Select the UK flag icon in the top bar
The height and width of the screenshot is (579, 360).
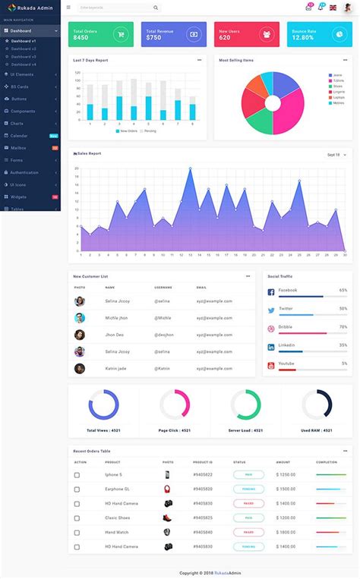(x=333, y=8)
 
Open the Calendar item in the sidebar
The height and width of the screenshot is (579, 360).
(x=19, y=136)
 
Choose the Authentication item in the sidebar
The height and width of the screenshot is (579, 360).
(x=24, y=172)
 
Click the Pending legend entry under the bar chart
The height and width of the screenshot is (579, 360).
(x=149, y=131)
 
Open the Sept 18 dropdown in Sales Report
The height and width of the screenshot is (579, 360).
(x=336, y=155)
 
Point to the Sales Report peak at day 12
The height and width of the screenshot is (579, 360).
(x=190, y=168)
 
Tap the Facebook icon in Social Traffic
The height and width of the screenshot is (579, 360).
(x=270, y=292)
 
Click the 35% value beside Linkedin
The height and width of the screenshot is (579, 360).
(x=343, y=345)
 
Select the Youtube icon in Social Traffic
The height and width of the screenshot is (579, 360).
(x=270, y=365)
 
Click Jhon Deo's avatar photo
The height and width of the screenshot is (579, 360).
(x=80, y=335)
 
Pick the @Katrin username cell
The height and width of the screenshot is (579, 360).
(x=163, y=368)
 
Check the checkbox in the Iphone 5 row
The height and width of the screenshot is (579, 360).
(x=77, y=475)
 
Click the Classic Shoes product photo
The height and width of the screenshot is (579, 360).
(x=167, y=518)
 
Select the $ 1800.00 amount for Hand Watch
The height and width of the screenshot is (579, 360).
(x=286, y=532)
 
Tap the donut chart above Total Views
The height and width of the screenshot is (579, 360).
(x=104, y=404)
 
